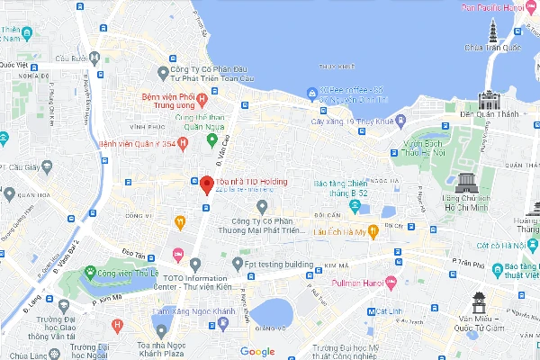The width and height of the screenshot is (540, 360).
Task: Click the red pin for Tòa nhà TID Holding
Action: pos(205,184)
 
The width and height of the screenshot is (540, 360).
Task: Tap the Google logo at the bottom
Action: pos(257,351)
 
